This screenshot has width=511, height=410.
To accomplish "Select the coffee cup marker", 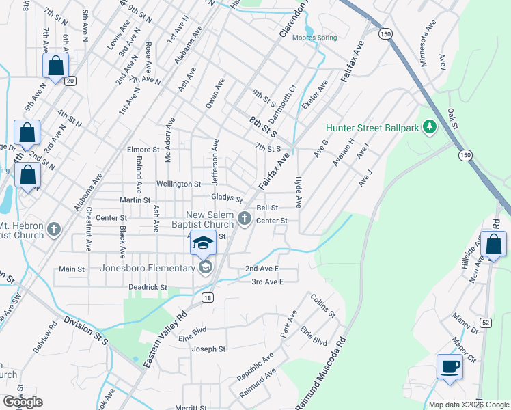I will [450, 366].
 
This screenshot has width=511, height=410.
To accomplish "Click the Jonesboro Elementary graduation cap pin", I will [203, 243].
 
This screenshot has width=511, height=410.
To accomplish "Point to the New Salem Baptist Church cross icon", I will [245, 219].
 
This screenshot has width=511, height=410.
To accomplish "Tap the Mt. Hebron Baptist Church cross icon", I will [55, 230].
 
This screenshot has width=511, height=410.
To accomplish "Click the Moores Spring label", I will [314, 38].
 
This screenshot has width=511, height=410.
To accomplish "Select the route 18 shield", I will [208, 297].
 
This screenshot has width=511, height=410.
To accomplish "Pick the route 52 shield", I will [485, 322].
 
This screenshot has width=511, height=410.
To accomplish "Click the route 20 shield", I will [70, 81].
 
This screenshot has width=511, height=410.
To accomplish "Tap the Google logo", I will [23, 402].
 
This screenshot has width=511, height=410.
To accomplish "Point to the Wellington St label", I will [178, 184].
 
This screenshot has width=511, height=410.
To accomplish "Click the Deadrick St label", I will [148, 288].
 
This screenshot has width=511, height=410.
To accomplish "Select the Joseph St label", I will [208, 349].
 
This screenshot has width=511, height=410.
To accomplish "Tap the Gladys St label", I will [227, 197].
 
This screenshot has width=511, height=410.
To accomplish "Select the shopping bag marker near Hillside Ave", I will [493, 244].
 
